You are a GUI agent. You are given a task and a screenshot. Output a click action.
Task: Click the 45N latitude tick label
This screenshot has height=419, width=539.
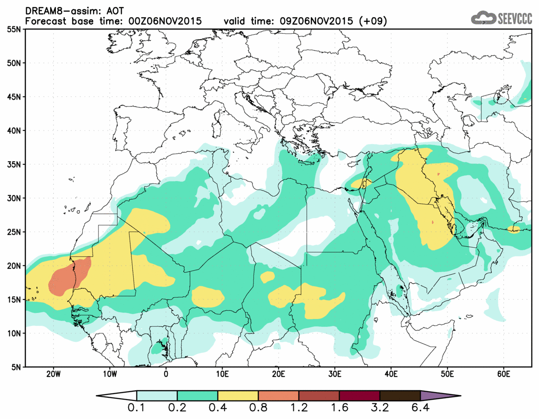click(15, 97)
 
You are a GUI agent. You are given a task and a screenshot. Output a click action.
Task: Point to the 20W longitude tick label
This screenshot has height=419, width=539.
click(54, 374)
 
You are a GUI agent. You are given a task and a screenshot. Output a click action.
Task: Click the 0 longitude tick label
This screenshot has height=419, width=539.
click(166, 374)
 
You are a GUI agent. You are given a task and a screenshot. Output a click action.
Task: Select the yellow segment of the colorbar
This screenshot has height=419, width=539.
click(238, 396)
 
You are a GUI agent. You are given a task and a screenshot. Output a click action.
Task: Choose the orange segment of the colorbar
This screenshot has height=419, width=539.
click(279, 396)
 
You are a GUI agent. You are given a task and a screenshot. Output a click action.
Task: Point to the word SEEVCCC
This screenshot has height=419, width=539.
click(514, 19)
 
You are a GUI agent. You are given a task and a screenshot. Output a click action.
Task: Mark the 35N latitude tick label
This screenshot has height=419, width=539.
click(15, 164)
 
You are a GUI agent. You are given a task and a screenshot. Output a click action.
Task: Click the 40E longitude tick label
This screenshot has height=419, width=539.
click(391, 374)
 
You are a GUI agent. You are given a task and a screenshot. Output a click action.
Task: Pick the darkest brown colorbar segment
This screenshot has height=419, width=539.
click(400, 396)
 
